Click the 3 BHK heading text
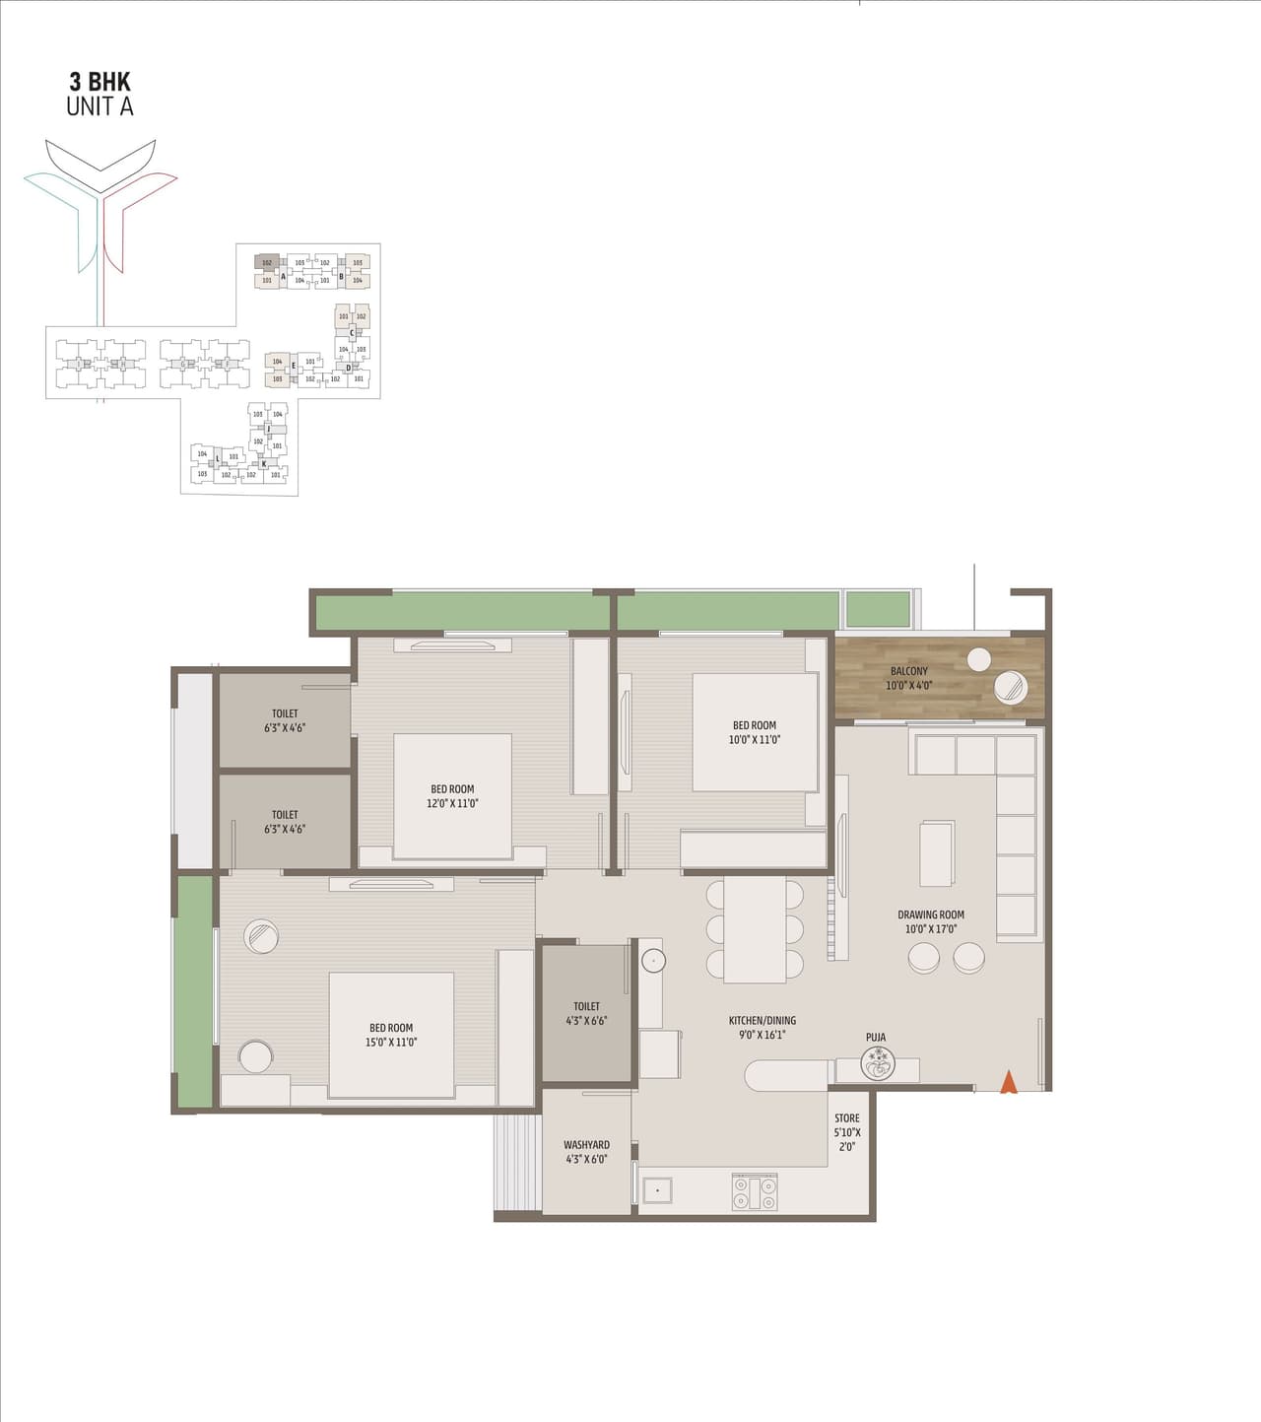coord(100,82)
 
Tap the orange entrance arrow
coord(1008,1082)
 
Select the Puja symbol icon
coord(877,1063)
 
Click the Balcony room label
coord(908,678)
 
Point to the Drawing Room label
coord(930,921)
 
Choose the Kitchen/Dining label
coord(762,1028)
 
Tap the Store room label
coord(846,1132)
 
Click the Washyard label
coord(586,1152)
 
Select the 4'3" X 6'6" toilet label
coord(586,1013)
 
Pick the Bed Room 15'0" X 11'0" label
coord(391,1035)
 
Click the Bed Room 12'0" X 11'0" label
coord(452,796)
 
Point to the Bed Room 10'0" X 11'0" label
coord(754,732)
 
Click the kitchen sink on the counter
coord(656,1190)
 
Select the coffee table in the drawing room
coord(936,853)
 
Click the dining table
coord(755,929)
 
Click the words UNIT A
coord(100,106)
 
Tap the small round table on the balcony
coord(978,659)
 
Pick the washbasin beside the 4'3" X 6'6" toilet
coord(653,959)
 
